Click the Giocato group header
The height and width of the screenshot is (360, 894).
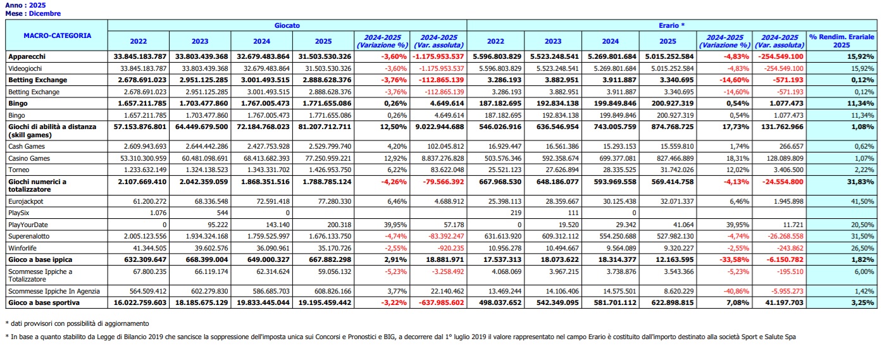click(287, 25)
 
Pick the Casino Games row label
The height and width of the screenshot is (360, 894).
click(29, 158)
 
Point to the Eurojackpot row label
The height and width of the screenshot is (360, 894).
click(27, 201)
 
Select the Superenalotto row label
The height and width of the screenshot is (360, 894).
click(29, 236)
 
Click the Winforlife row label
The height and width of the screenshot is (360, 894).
click(25, 248)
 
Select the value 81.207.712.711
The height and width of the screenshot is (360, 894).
click(324, 127)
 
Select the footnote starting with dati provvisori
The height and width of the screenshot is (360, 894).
click(82, 323)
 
